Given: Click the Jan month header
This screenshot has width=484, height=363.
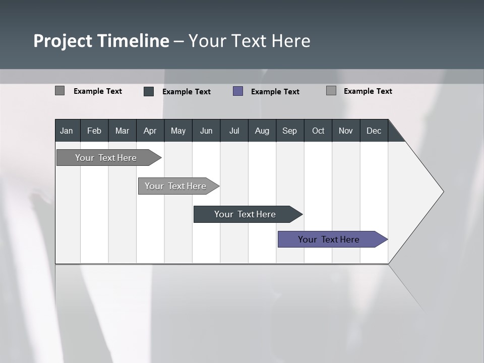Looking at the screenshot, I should point(67,131).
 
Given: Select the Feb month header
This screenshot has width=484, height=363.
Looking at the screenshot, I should point(94,131).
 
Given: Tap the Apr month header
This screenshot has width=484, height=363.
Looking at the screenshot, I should point(150,131).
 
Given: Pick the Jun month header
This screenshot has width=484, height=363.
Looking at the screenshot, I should point(206,131).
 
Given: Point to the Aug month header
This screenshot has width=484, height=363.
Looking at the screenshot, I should point(262,131).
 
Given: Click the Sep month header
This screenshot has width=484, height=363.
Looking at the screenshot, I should point(289,131).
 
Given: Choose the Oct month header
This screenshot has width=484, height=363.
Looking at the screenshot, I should point(318,131).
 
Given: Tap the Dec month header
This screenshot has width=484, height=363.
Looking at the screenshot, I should point(374,131).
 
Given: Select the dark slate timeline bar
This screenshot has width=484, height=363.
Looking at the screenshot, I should point(246,214).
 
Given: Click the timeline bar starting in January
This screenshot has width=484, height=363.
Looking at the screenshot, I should point(106,158).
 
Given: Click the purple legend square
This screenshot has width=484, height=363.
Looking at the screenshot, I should point(238,91).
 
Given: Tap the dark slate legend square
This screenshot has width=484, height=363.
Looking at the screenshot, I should point(149,91).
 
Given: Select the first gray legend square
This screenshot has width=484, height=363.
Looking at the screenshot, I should point(59,91).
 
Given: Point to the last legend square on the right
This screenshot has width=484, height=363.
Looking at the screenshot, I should point(331,91).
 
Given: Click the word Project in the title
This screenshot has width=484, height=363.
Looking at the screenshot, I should point(63,41).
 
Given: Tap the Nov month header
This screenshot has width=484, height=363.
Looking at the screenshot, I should point(346,131).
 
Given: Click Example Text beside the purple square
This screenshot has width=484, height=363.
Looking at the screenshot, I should point(275,92).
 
